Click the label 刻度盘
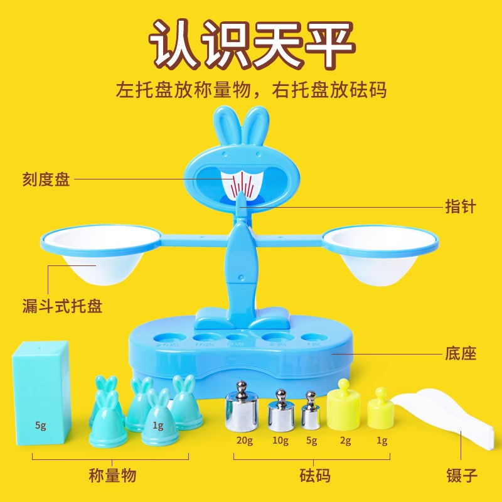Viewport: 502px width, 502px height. [46, 180]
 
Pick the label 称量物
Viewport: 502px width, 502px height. [112, 475]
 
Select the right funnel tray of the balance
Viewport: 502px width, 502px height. [380, 254]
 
